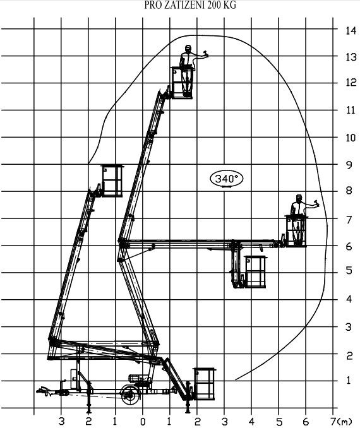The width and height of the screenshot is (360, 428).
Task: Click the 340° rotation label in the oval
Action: (x=227, y=179)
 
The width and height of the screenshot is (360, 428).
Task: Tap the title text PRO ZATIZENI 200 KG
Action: (x=190, y=5)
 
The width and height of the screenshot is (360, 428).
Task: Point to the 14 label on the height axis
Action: (x=351, y=30)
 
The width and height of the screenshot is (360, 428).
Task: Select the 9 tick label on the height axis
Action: (x=349, y=165)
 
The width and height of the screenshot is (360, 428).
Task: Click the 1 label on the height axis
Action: (x=349, y=379)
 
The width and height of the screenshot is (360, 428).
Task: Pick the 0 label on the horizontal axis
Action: (x=143, y=422)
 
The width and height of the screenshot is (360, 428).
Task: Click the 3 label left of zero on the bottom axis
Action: (x=62, y=421)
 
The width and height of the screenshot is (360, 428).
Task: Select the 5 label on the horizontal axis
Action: (x=279, y=421)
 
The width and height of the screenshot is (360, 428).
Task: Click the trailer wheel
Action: (x=131, y=395)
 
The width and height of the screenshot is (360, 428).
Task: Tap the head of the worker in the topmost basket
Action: (x=188, y=49)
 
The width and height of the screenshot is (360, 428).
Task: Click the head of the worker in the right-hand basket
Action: (x=299, y=198)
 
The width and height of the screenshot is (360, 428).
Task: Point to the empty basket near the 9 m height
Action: (x=112, y=181)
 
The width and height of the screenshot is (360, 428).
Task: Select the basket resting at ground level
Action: (x=204, y=384)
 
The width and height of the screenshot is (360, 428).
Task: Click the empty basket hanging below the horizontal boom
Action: (x=255, y=272)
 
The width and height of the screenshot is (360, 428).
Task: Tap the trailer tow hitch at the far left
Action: (x=44, y=391)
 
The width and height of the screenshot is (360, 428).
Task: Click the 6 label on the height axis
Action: (x=349, y=246)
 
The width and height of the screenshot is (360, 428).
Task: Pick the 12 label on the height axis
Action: (x=351, y=82)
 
